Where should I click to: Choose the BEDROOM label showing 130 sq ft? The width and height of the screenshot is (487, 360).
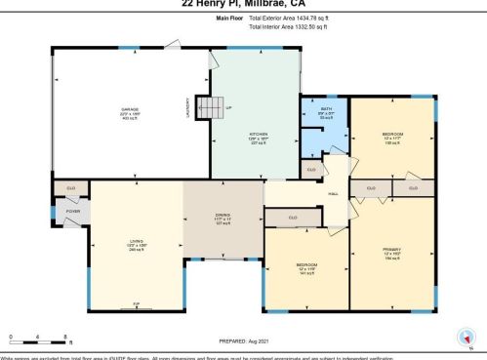pyautogui.click(x=393, y=137)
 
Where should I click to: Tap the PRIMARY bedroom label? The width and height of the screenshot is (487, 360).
pyautogui.click(x=392, y=253)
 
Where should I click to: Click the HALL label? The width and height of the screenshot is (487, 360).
pyautogui.click(x=332, y=194)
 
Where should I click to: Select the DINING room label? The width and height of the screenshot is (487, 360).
pyautogui.click(x=223, y=218)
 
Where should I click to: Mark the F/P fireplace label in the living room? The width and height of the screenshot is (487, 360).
pyautogui.click(x=136, y=305)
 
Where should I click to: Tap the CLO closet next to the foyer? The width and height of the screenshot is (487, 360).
pyautogui.click(x=70, y=187)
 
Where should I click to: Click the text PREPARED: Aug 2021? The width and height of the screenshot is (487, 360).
pyautogui.click(x=243, y=340)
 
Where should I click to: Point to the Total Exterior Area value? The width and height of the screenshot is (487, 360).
pyautogui.click(x=292, y=18)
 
